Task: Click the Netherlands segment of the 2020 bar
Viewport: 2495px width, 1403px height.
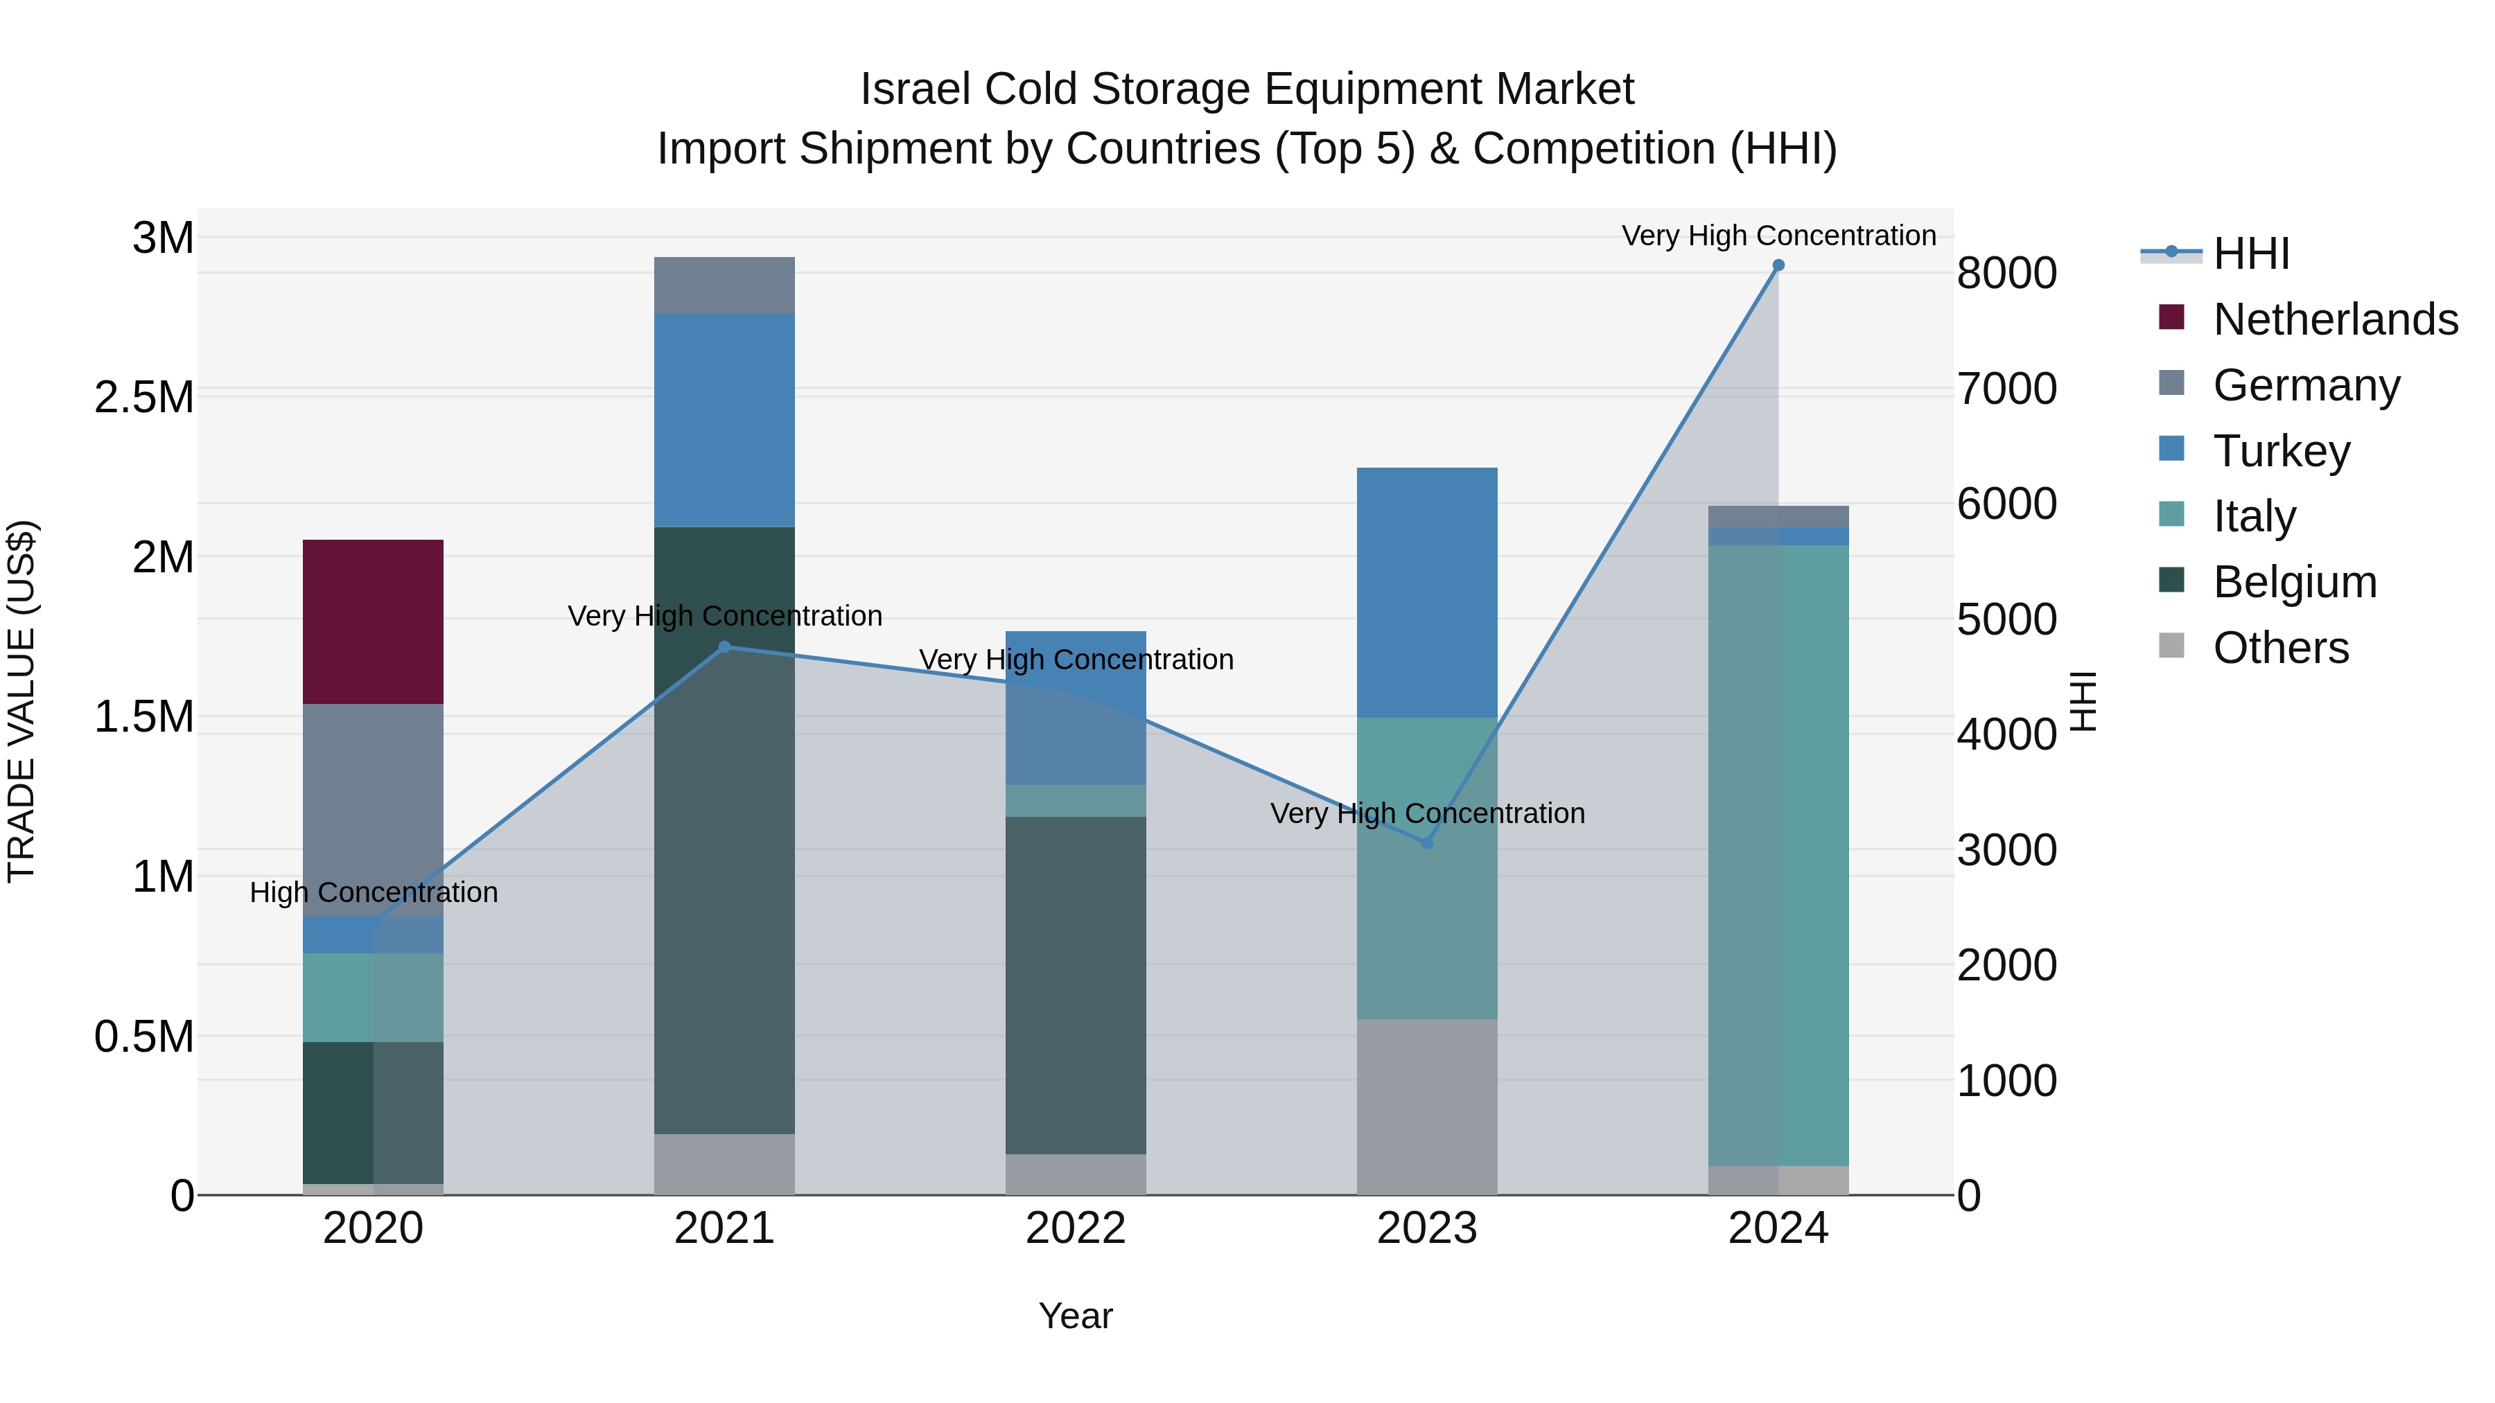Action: (x=373, y=621)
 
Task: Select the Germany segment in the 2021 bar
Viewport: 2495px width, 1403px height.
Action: (x=724, y=285)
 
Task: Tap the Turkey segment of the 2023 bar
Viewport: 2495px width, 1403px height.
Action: (x=1427, y=592)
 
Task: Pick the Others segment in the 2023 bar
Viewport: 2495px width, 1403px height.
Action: (x=1427, y=1106)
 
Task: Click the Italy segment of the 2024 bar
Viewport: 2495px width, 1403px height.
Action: (x=1778, y=854)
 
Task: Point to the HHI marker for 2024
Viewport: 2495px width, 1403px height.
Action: (x=1778, y=265)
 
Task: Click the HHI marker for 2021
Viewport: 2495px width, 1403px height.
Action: (x=724, y=647)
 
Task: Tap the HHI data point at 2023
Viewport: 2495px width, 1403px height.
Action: (x=1427, y=843)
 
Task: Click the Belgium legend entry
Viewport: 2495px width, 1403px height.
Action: (x=2295, y=582)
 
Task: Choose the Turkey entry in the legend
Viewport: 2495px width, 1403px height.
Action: (x=2281, y=450)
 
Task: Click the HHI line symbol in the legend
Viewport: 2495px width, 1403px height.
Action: (x=2171, y=253)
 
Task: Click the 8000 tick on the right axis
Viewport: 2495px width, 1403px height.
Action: (x=2007, y=273)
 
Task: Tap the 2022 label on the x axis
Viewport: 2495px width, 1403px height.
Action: (x=1075, y=1228)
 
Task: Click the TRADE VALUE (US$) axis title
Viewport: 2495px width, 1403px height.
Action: (x=21, y=701)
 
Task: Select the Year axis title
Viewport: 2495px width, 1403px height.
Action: (x=1075, y=1316)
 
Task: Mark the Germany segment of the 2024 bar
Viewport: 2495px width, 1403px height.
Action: (x=1778, y=516)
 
